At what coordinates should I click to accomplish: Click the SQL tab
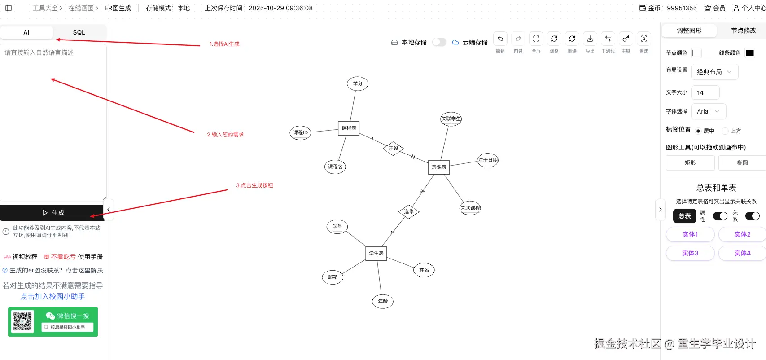pos(79,32)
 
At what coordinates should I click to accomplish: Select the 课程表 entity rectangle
pos(349,128)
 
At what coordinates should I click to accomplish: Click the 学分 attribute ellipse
pos(358,83)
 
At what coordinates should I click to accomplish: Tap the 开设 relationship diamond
pos(394,148)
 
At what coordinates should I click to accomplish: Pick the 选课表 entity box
pos(439,167)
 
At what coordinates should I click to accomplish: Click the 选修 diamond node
pos(409,211)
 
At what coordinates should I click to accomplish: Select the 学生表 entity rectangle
pos(376,253)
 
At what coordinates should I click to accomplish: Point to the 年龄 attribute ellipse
pos(383,301)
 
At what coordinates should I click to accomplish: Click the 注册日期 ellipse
pos(488,160)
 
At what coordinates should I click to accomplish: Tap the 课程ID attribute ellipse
pos(301,132)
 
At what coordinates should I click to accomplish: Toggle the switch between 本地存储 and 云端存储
pos(439,42)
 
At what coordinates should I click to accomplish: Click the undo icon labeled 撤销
pos(500,39)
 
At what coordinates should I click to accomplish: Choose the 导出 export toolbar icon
pos(590,39)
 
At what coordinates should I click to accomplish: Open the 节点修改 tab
pos(743,31)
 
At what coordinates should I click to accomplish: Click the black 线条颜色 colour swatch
pos(750,53)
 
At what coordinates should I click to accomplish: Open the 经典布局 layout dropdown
pos(714,72)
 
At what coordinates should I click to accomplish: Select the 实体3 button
pos(690,253)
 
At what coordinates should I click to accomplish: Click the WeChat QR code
pos(22,321)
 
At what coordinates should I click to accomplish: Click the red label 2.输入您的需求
pos(225,135)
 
